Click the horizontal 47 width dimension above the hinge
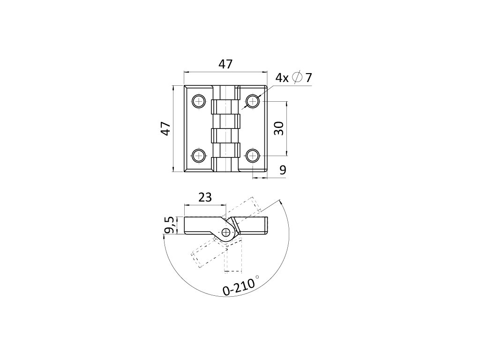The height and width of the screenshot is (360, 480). click(225, 64)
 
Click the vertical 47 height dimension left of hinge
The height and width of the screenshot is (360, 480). click(165, 128)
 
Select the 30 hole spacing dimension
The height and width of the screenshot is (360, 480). click(279, 128)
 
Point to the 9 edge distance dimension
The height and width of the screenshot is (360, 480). click(283, 170)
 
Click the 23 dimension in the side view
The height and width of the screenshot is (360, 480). click(205, 197)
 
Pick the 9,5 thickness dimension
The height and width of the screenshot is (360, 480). click(170, 225)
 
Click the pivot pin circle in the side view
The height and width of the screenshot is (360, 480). click(227, 232)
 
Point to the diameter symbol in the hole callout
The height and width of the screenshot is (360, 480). click(297, 78)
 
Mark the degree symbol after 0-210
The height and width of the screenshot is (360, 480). click(257, 277)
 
